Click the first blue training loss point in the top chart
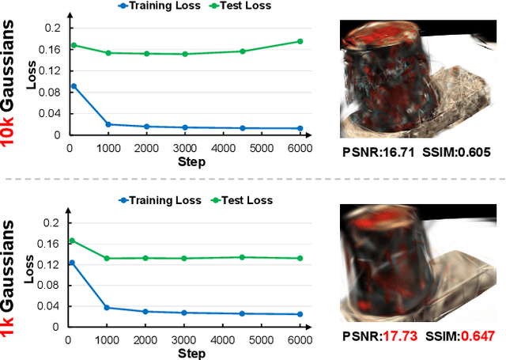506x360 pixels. (74, 86)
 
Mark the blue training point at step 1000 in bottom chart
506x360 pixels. (108, 308)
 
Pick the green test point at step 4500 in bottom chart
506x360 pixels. (242, 257)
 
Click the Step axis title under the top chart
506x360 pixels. (191, 162)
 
